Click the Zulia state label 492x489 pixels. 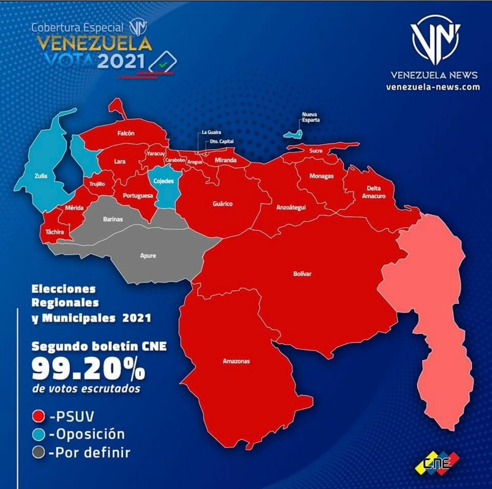[41, 176]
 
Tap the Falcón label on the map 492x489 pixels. [125, 133]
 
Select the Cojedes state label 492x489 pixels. [164, 181]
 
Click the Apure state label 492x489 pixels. [148, 256]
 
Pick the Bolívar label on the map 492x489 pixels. [302, 274]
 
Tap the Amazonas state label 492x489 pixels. [236, 361]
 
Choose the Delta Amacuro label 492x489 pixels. [374, 192]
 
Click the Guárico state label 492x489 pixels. [223, 203]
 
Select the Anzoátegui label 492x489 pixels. [291, 208]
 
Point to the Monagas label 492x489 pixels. [321, 176]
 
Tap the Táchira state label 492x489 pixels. [55, 232]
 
